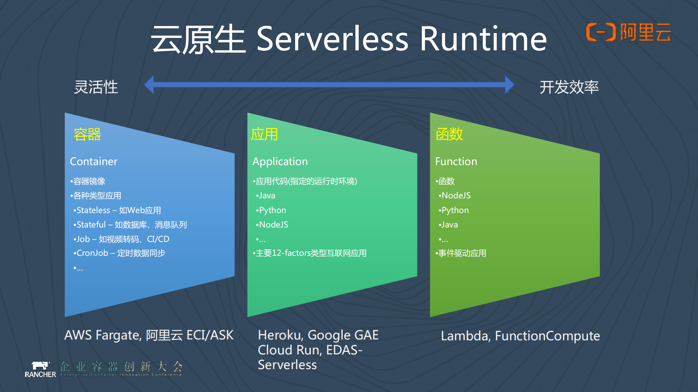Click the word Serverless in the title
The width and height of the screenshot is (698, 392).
tap(332, 39)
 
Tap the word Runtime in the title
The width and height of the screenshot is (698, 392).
tap(483, 39)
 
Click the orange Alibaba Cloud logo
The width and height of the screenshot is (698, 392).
tap(628, 32)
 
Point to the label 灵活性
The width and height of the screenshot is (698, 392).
tap(96, 87)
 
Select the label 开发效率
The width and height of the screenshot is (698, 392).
tap(569, 87)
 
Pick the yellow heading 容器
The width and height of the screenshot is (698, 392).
tap(87, 134)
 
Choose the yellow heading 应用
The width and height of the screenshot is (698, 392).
tap(264, 134)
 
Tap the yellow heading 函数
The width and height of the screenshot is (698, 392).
tap(449, 134)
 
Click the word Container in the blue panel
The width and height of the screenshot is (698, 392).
tap(94, 162)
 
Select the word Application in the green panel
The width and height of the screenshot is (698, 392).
tap(280, 162)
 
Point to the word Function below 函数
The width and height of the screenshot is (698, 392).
tap(456, 162)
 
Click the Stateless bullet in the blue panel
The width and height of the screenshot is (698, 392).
tap(117, 210)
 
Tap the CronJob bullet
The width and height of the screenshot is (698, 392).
tap(119, 253)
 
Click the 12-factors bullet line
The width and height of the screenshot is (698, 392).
tap(310, 253)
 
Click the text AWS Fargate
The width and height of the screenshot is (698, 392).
tap(103, 335)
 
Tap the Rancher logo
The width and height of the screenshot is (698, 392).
tap(40, 369)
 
